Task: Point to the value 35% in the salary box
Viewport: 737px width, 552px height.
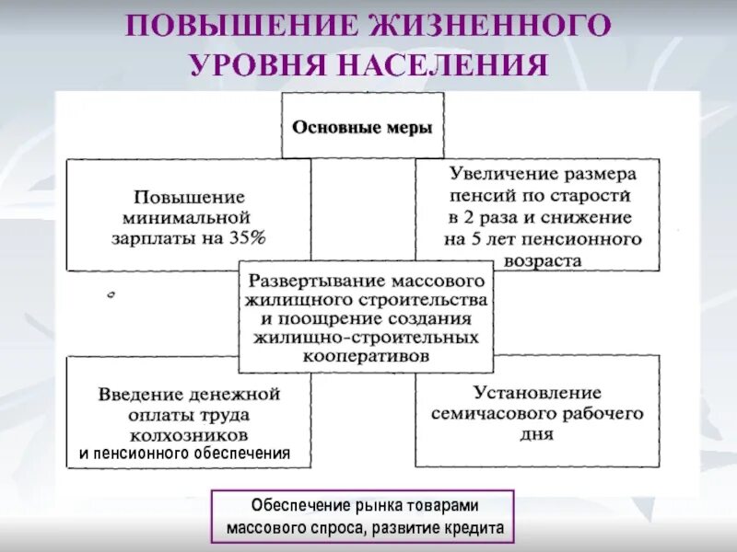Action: click(x=247, y=237)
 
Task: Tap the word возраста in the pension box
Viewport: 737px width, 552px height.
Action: click(x=543, y=260)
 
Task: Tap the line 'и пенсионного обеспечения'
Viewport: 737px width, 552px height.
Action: click(x=184, y=454)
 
